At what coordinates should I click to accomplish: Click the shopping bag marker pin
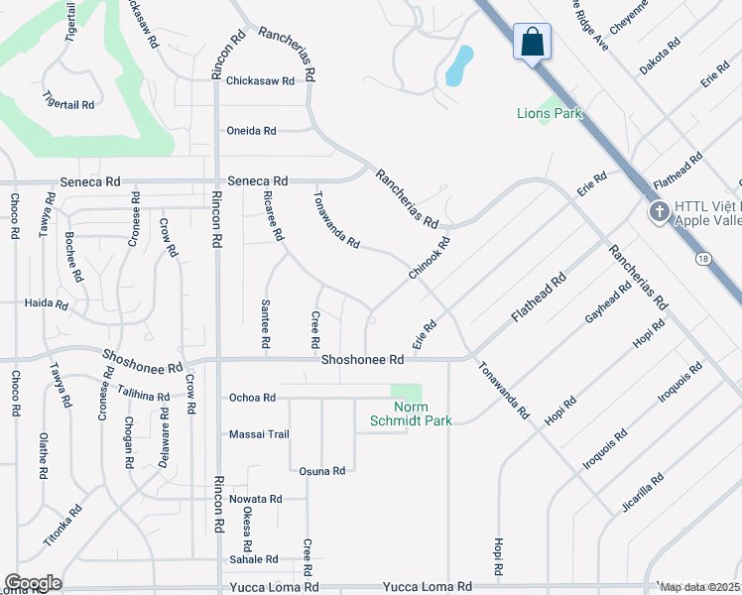[x=533, y=43]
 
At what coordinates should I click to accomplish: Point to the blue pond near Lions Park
[x=457, y=67]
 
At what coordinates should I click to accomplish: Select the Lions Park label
[x=549, y=113]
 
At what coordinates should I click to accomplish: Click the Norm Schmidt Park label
[x=411, y=415]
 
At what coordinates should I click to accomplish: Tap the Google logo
[x=33, y=583]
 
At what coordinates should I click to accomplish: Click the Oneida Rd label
[x=251, y=131]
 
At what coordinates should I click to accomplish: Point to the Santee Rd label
[x=266, y=323]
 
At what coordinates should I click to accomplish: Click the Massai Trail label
[x=259, y=434]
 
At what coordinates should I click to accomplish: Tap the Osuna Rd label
[x=323, y=471]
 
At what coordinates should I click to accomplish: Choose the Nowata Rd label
[x=255, y=499]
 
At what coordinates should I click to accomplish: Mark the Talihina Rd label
[x=142, y=395]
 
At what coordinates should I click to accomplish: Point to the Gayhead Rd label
[x=608, y=302]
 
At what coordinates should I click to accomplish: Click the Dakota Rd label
[x=661, y=58]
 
